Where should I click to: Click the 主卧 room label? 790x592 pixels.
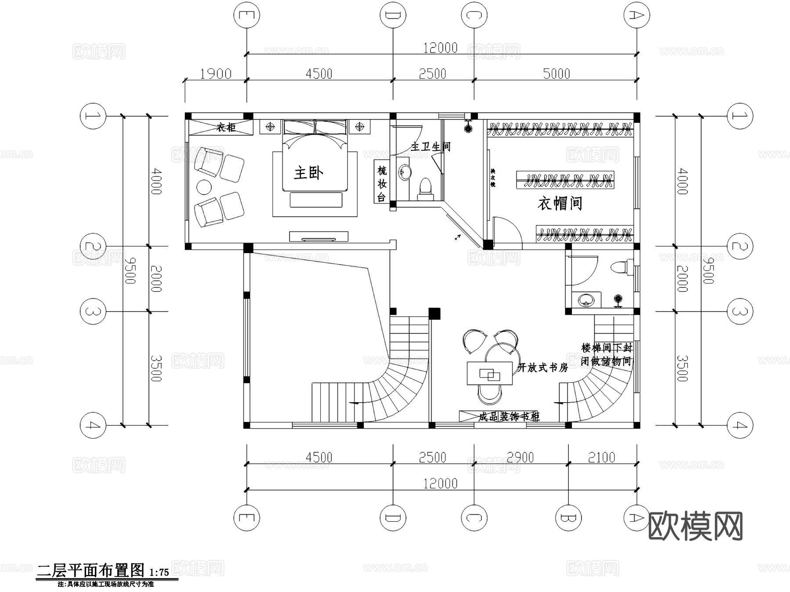click(x=308, y=173)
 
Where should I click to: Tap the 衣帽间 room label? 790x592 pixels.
click(x=560, y=203)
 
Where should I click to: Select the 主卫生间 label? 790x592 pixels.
click(x=431, y=146)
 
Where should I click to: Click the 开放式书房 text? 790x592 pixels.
click(x=542, y=367)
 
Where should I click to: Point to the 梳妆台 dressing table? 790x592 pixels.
click(x=381, y=184)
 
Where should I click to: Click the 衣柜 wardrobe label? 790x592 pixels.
click(x=226, y=127)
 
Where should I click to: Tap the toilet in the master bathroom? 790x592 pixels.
click(x=425, y=188)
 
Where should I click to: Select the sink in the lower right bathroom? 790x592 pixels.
click(x=586, y=301)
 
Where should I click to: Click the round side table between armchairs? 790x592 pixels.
click(x=204, y=188)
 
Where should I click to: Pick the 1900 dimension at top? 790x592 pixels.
click(x=215, y=74)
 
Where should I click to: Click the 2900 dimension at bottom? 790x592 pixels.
click(x=520, y=458)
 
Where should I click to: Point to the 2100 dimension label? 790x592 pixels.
click(x=601, y=458)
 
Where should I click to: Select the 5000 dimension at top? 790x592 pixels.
click(x=556, y=74)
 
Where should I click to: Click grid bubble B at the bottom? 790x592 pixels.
click(x=568, y=518)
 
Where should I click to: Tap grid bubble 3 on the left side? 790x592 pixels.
click(x=93, y=312)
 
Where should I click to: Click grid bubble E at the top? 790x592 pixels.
click(x=246, y=15)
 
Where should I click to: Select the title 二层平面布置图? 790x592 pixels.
click(x=90, y=570)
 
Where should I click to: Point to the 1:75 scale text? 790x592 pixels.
click(x=159, y=572)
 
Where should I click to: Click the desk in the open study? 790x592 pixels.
click(x=489, y=373)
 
